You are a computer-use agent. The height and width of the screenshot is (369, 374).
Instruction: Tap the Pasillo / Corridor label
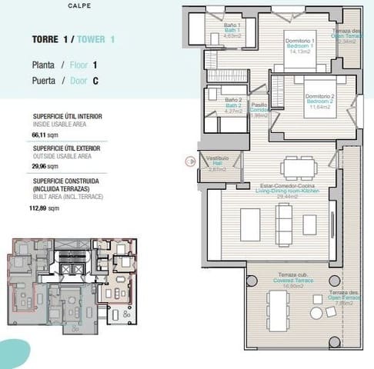tap(259, 110)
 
